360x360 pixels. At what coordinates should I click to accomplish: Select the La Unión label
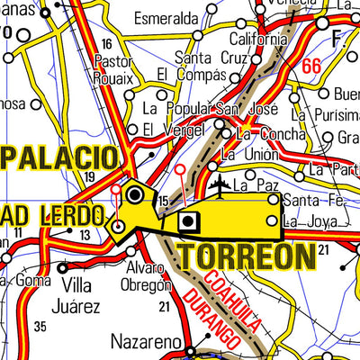click(250, 155)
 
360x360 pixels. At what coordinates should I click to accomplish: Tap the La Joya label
click(310, 220)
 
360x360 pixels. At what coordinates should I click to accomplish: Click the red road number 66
click(311, 67)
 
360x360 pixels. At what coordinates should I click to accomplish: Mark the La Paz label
click(252, 185)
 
